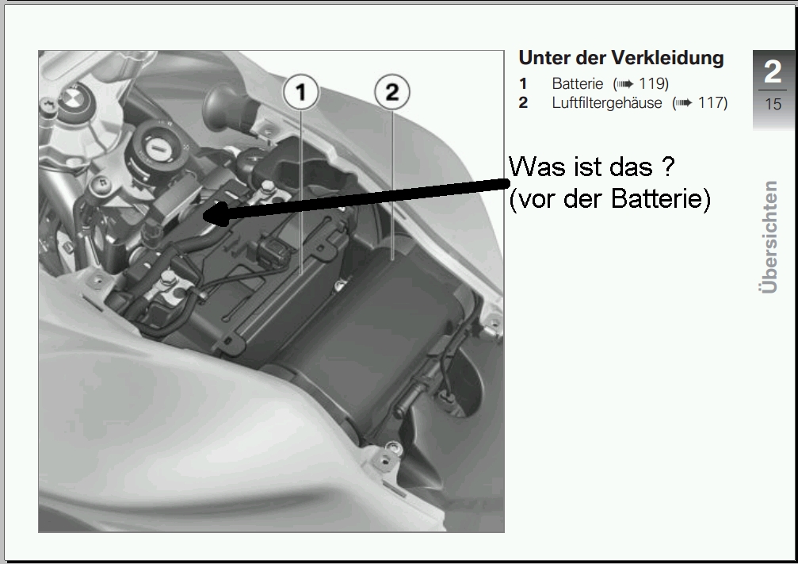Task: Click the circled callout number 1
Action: pos(301,92)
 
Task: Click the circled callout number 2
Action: pos(392,92)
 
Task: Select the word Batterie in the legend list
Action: pos(577,83)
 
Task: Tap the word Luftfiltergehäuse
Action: pos(607,103)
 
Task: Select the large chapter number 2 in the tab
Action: pos(773,72)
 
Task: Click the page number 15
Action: pos(773,105)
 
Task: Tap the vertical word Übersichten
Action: pos(770,237)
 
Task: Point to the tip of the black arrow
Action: pos(203,215)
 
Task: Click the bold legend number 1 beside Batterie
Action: pos(523,83)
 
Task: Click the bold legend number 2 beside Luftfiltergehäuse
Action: pos(523,103)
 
